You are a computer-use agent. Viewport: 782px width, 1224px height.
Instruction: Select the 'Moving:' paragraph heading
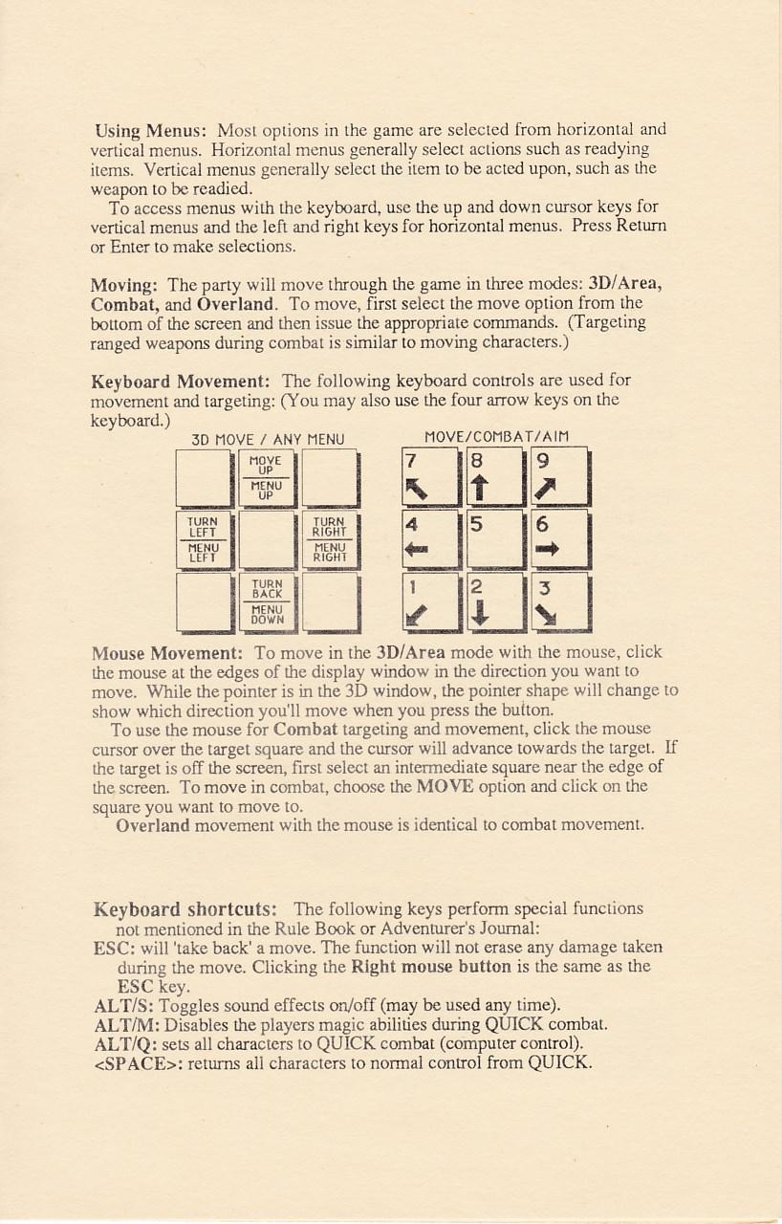coord(124,285)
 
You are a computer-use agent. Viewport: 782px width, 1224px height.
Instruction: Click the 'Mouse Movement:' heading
coord(167,653)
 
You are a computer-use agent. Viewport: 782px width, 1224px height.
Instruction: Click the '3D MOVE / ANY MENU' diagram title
coord(268,440)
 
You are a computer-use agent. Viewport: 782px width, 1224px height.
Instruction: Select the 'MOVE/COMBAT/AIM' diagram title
coord(496,437)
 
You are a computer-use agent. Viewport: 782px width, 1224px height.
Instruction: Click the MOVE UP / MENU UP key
coord(267,478)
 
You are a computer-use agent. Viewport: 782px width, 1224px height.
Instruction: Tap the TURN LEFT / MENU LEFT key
coord(205,539)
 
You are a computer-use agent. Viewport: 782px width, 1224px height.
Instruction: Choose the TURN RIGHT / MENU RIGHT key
coord(330,539)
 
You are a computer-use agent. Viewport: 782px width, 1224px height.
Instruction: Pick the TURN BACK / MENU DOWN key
coord(267,601)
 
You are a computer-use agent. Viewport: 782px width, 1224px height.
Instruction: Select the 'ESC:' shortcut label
coord(112,948)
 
